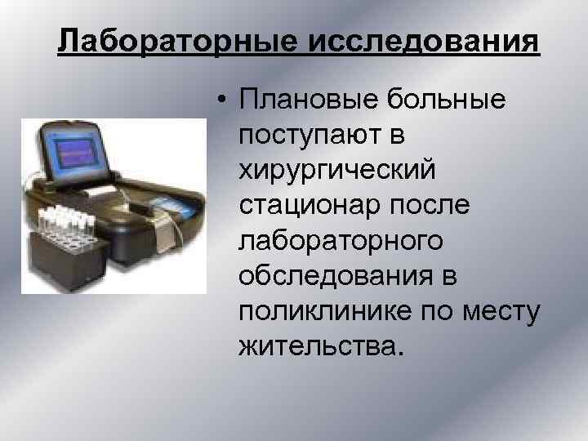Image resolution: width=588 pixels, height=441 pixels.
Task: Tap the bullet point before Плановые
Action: click(221, 102)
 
